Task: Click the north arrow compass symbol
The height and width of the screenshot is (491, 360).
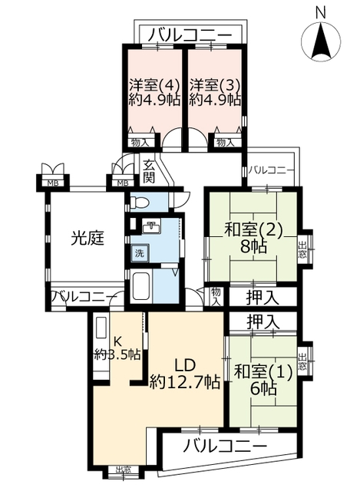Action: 321,41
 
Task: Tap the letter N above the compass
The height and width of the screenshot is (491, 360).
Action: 320,12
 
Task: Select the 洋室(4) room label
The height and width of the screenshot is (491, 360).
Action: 154,84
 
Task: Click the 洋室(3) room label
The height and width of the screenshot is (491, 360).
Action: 215,84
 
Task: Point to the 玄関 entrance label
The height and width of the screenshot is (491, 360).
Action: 149,171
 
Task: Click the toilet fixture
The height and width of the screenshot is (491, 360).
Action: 139,203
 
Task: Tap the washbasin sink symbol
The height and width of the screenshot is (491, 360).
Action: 151,227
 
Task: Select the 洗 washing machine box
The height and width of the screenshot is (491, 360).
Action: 140,253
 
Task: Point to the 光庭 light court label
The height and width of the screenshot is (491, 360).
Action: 87,239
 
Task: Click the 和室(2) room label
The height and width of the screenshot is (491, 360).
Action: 253,230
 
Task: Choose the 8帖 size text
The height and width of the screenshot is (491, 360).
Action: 253,247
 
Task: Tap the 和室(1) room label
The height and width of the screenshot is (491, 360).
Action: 263,372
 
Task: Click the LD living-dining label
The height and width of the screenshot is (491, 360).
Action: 185,365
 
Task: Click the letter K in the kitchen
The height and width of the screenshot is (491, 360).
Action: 117,340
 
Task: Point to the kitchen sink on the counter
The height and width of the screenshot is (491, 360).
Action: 101,328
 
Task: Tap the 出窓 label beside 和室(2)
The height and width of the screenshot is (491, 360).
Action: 302,249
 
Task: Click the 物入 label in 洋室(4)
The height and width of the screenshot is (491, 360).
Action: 140,143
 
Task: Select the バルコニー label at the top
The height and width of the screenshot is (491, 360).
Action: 190,35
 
